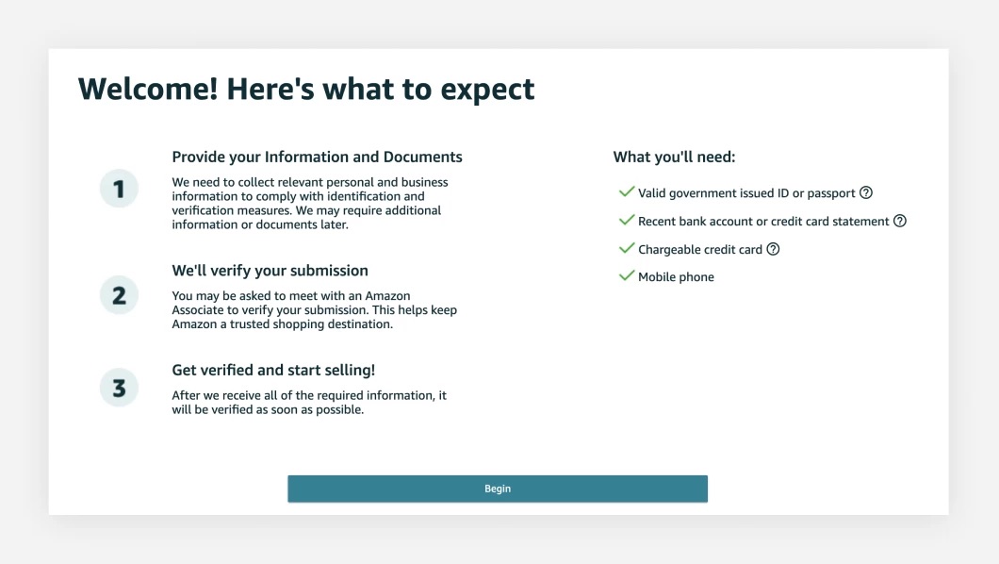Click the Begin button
coord(498,489)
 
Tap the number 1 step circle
coord(119,190)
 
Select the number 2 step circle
coord(119,296)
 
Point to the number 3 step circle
coord(119,388)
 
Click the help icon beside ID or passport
coord(866,192)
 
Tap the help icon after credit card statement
coord(900,221)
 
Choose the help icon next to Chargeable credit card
coord(773,249)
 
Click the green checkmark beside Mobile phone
coord(626,276)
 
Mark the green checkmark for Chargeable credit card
coord(626,248)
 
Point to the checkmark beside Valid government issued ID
coord(626,191)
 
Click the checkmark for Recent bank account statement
coord(626,220)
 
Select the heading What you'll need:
coord(674,157)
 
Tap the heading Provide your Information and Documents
coord(317,157)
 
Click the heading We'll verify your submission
coord(270,271)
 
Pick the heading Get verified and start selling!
coord(273,370)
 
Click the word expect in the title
coord(487,90)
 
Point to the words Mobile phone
coord(676,277)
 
